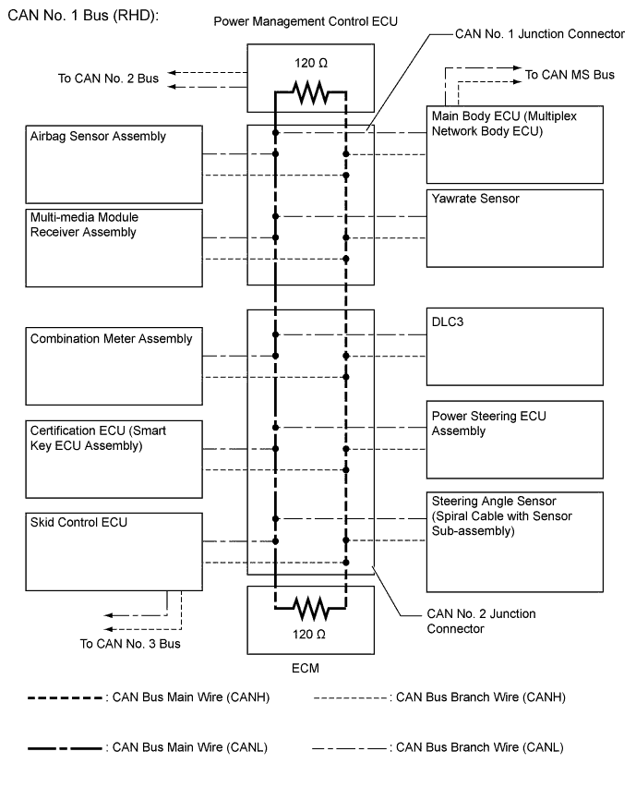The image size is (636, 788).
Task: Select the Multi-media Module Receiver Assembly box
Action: coord(114,247)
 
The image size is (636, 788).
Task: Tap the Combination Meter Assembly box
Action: coord(114,366)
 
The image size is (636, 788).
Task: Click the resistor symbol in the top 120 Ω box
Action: coord(309,91)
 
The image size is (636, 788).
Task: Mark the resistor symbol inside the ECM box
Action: coord(309,608)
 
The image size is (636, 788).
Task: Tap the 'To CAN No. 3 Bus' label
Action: coord(130,644)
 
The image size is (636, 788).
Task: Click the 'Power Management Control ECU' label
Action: coord(306,20)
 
